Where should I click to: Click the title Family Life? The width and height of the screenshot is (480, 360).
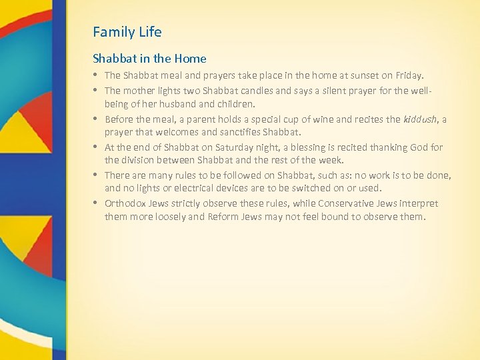click(127, 32)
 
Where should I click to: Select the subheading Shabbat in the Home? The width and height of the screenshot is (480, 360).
click(149, 59)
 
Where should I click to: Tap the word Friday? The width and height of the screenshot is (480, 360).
click(408, 76)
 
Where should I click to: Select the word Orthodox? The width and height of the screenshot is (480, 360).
click(126, 203)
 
